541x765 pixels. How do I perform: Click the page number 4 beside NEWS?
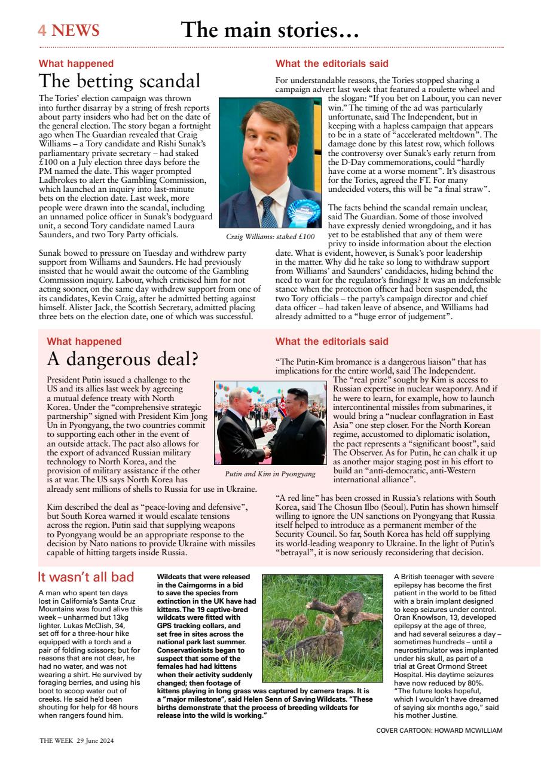(x=42, y=31)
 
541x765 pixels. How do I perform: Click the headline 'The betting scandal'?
(x=120, y=81)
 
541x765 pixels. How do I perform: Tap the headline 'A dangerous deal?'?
(x=123, y=359)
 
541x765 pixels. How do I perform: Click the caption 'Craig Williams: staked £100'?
(x=270, y=237)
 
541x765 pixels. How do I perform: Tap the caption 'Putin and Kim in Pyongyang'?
(x=270, y=474)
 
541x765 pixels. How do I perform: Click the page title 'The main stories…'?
(x=270, y=29)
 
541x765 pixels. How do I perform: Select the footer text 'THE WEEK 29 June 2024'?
(x=77, y=740)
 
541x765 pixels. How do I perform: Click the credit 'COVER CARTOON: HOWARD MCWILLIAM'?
(x=439, y=730)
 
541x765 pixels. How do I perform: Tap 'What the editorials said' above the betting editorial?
(x=331, y=63)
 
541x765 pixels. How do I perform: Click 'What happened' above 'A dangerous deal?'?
(x=84, y=342)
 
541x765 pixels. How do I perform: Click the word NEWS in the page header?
(x=75, y=31)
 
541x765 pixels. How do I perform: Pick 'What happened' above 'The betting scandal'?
(x=76, y=63)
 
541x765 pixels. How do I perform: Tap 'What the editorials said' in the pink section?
(x=331, y=342)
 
